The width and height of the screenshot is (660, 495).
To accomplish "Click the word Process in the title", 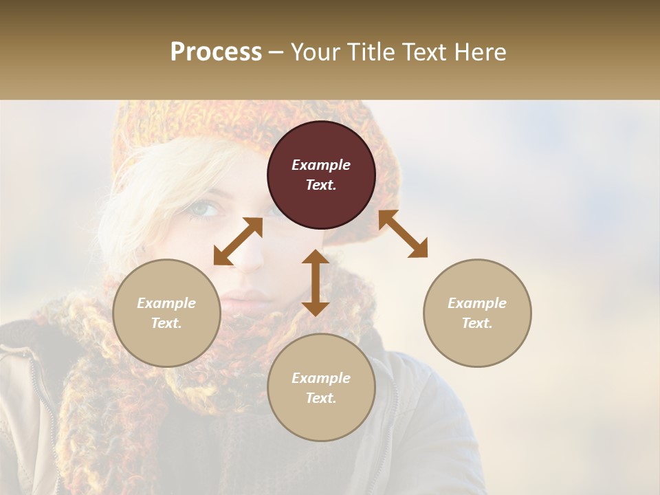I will click(x=216, y=52).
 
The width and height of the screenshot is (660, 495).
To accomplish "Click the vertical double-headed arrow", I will click(x=316, y=283).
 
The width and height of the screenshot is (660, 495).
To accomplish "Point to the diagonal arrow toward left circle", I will click(x=238, y=241).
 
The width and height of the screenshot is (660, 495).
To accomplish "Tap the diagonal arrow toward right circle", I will click(x=403, y=234).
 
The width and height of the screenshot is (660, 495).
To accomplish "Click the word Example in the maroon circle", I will click(x=321, y=165).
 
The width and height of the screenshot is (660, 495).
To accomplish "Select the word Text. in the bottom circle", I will click(x=321, y=398).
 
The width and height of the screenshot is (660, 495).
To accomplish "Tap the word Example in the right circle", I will click(x=477, y=303).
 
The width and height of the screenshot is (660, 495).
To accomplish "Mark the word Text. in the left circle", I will click(x=166, y=323).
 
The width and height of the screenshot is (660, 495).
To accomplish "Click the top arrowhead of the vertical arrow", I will click(x=316, y=256).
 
